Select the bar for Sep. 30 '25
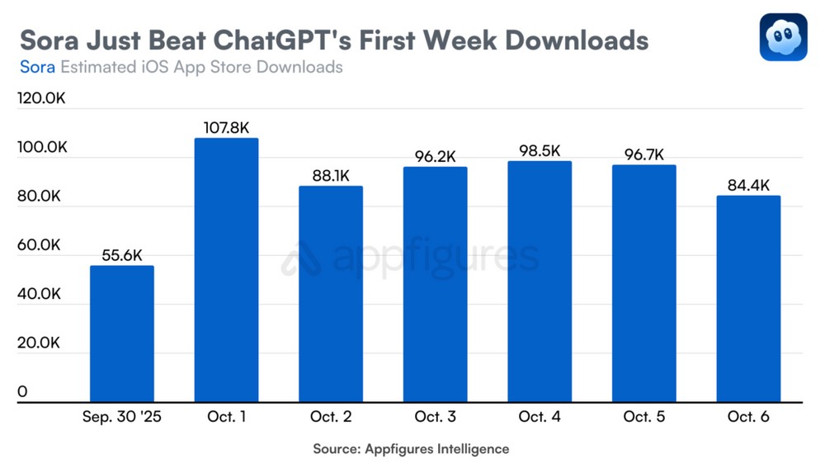(121, 334)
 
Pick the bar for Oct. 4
(540, 282)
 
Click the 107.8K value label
(226, 128)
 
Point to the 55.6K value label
(121, 255)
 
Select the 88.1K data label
(330, 176)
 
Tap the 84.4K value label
(748, 185)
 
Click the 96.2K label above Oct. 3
(435, 156)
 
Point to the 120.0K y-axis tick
(41, 99)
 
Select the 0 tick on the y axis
(22, 391)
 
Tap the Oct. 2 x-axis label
(330, 417)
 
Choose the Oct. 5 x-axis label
(643, 417)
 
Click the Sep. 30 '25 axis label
(121, 417)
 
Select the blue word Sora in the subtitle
(37, 67)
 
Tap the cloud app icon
(783, 37)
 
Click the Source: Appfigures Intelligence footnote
(411, 449)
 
